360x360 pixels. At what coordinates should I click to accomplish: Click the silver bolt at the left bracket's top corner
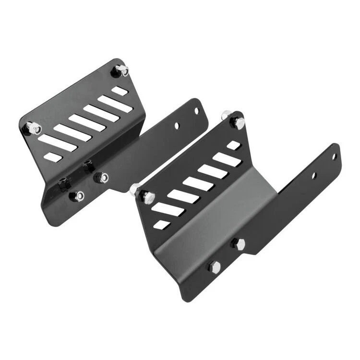point(121,71)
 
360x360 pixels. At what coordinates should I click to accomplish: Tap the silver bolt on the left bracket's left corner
point(33,128)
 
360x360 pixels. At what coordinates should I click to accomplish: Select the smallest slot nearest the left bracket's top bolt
point(120,91)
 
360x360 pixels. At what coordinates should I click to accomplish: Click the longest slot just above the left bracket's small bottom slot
point(58,143)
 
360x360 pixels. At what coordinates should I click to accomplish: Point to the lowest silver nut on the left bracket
point(78,196)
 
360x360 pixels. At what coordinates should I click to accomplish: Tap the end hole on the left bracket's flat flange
point(196,111)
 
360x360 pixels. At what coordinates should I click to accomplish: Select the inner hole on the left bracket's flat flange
point(177,126)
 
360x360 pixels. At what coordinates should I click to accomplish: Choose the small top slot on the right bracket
point(233,145)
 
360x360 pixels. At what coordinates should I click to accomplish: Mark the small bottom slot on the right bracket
point(163,224)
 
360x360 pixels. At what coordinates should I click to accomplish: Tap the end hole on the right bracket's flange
point(334,156)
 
